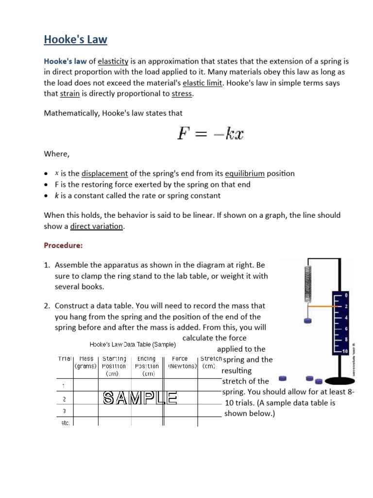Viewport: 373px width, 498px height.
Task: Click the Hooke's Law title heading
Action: (75, 39)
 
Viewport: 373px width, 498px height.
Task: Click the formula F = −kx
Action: (209, 133)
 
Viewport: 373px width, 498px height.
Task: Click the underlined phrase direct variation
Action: (97, 226)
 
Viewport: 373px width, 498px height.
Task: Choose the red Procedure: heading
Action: (63, 246)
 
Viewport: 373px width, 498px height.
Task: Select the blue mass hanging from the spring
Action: (307, 320)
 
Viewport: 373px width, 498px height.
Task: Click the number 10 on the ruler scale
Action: (345, 351)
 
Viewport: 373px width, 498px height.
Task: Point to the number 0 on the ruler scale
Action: (346, 295)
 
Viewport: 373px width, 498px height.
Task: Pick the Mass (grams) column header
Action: (86, 362)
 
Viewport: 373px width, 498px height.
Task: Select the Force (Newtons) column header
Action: (180, 362)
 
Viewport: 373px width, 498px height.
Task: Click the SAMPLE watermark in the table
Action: (140, 398)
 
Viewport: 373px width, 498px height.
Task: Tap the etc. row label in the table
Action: (65, 423)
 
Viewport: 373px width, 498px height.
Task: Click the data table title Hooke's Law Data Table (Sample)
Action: (133, 345)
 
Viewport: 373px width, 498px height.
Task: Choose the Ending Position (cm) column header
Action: (147, 366)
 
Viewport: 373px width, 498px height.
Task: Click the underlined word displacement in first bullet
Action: (104, 173)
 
